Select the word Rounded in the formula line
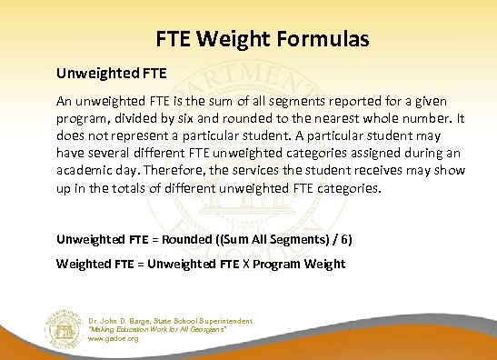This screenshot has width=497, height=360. tap(197, 240)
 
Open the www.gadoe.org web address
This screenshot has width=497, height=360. tap(114, 338)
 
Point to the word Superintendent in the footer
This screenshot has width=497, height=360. tap(223, 321)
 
